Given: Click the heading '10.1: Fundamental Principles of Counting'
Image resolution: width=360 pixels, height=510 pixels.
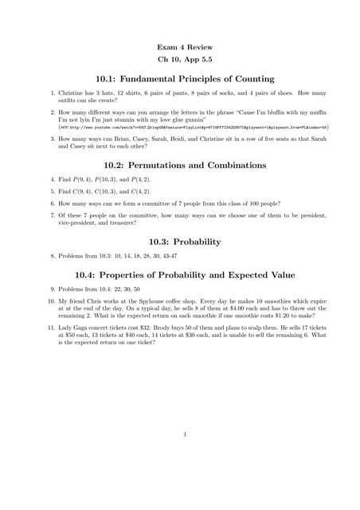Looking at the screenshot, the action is click(x=184, y=79).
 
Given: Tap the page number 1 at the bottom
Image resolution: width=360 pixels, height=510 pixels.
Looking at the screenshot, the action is click(x=184, y=435).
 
